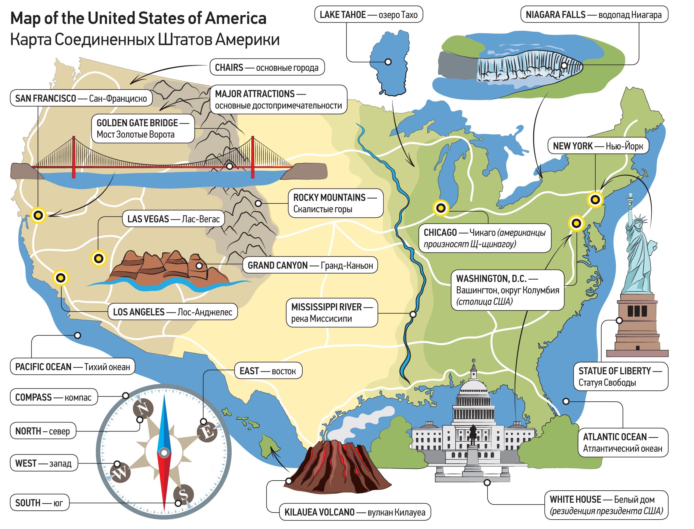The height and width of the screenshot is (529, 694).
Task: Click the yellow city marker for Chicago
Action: click(x=441, y=208)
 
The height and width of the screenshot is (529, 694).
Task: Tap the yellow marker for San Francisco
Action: click(x=38, y=215)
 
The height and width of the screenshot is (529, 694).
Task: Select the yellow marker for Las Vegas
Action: click(x=99, y=259)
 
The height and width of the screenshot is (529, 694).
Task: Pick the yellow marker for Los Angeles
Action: click(x=61, y=278)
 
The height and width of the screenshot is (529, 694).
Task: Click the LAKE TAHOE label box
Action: click(x=368, y=15)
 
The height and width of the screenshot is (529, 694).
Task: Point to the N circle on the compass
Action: click(x=143, y=409)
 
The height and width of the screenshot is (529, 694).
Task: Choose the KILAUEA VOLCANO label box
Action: click(x=354, y=512)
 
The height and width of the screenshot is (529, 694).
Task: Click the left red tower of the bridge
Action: click(x=74, y=157)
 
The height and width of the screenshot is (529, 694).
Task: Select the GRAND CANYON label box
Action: click(x=310, y=266)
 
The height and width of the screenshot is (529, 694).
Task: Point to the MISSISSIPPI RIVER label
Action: click(x=332, y=313)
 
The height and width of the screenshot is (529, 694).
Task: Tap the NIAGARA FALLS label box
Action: click(x=594, y=15)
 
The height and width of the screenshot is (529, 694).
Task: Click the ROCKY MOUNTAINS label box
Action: click(x=335, y=203)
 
